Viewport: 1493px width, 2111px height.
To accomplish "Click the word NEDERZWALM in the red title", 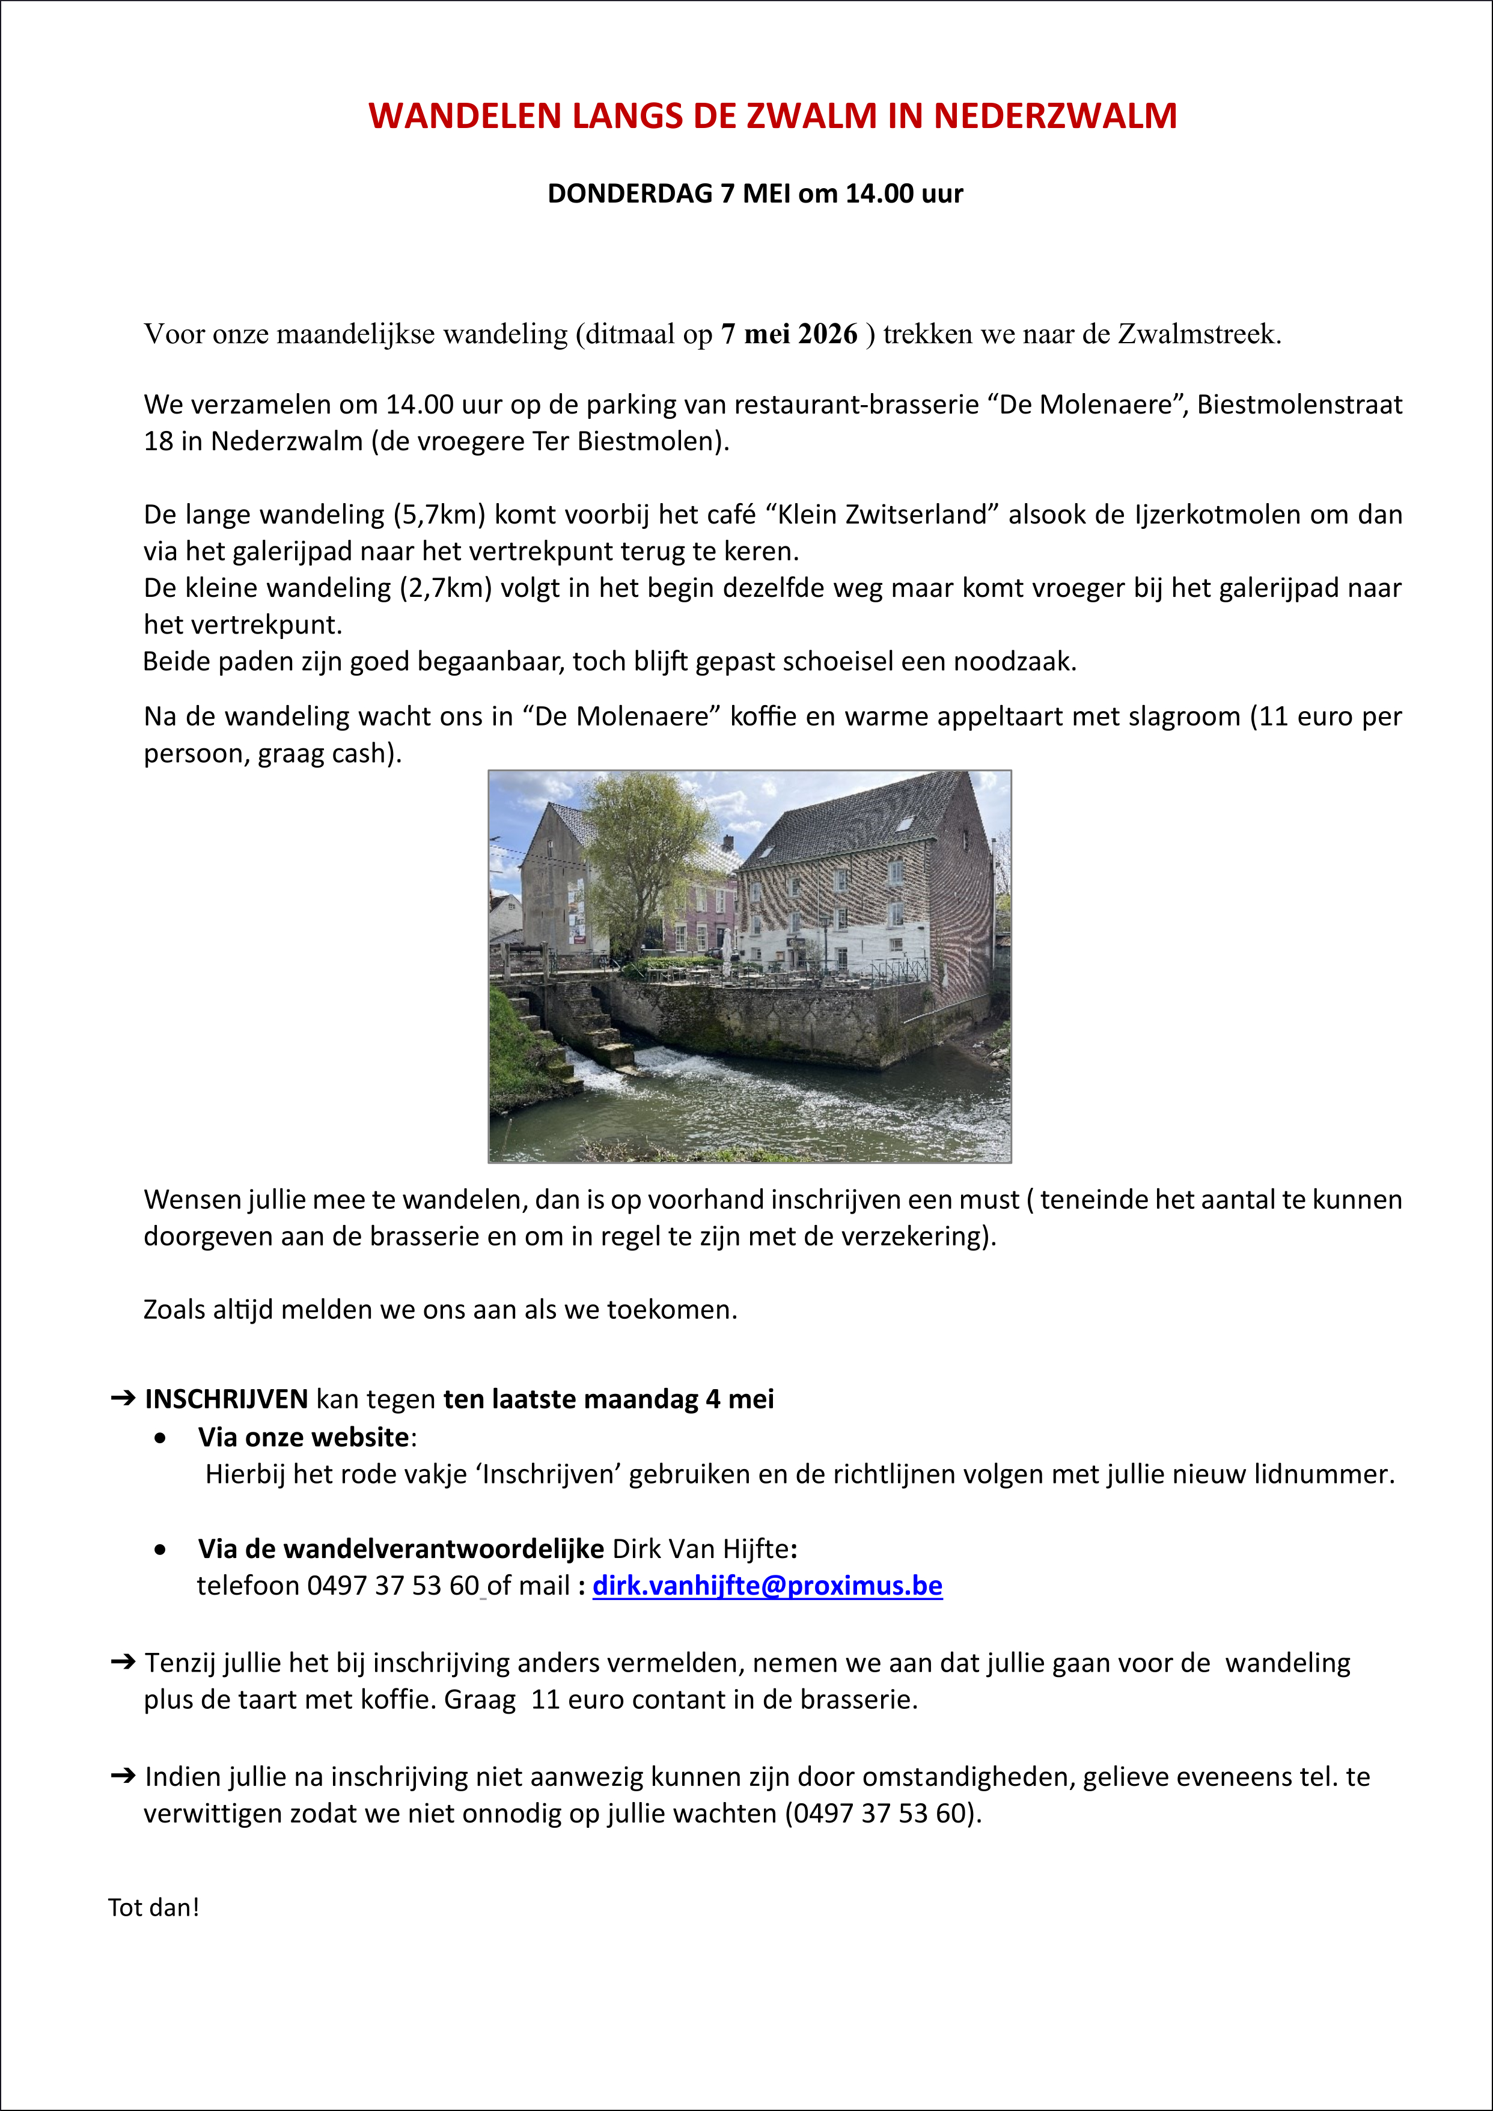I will click(1055, 117).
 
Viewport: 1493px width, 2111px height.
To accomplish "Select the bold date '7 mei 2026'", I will click(789, 334).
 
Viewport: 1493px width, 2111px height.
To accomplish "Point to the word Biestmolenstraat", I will click(1299, 405).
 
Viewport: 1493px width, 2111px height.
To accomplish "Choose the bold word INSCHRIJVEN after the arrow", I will click(226, 1399).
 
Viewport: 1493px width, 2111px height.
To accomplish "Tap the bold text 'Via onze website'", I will click(304, 1437).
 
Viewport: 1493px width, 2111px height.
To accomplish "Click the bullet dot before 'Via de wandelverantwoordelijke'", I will click(162, 1549).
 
